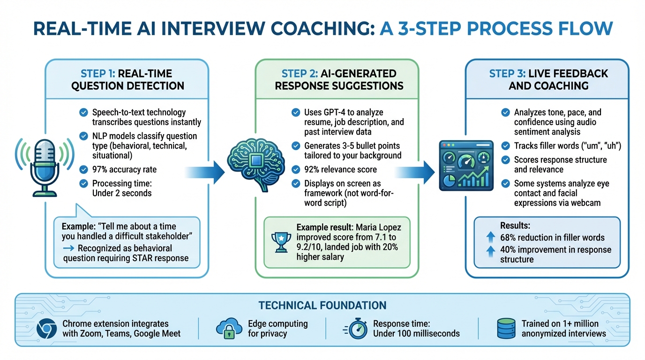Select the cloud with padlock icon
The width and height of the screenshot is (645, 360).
coord(229,329)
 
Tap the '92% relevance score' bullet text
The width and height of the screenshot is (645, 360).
coord(340,169)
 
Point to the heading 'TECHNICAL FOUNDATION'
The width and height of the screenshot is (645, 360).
coord(322,306)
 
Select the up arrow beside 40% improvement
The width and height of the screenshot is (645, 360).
coord(490,251)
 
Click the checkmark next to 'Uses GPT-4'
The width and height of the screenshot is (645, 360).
coord(295,112)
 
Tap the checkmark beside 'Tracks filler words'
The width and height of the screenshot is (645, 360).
coord(505,146)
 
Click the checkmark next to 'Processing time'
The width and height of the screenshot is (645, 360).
coord(83,183)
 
